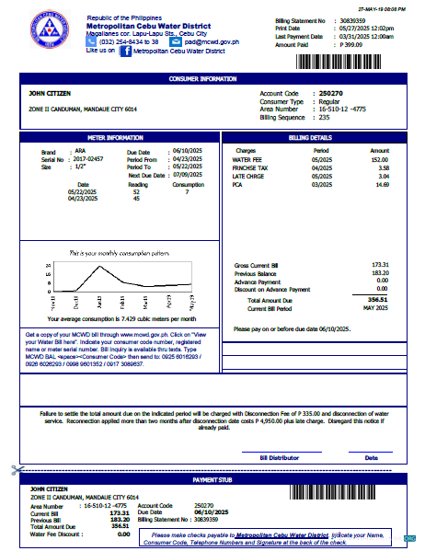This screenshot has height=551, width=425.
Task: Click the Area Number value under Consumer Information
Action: (x=348, y=109)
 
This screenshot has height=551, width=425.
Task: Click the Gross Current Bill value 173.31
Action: (x=378, y=264)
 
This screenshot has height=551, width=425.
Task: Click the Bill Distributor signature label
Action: (x=281, y=456)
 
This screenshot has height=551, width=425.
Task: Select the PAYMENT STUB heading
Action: (x=212, y=480)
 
